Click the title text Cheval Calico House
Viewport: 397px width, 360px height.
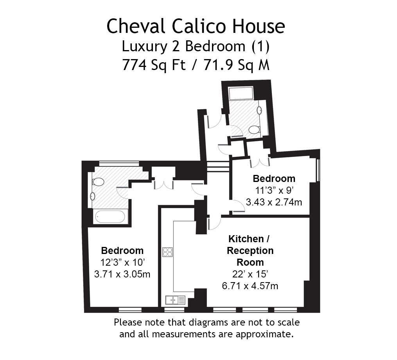196,27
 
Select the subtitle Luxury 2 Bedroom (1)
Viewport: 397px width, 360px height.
196,47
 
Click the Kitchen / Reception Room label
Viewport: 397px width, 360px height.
250,250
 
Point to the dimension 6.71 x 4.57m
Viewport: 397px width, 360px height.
250,286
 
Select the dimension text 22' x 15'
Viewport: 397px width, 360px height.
250,274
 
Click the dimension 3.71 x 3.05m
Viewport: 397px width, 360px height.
122,274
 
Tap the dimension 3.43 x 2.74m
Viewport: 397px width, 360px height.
274,202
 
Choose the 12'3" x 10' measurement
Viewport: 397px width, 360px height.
122,262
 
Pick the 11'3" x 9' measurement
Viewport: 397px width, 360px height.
274,191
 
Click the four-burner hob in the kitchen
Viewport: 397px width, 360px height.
168,252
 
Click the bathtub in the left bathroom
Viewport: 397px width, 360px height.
110,216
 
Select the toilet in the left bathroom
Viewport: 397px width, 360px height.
98,182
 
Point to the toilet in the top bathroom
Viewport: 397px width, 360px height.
254,130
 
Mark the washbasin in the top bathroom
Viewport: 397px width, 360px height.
259,110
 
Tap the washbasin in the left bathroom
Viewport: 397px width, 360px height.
93,196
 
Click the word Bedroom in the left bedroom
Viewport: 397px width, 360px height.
122,250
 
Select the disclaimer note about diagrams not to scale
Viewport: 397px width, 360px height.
206,329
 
